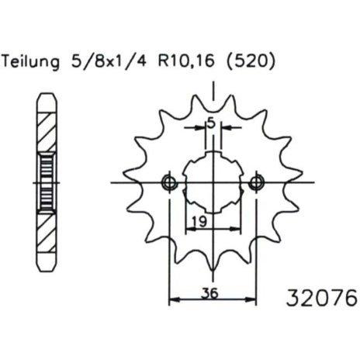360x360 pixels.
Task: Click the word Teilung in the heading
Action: tap(31, 62)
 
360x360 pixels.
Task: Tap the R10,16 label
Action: tap(186, 61)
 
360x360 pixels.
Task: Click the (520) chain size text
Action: tap(250, 62)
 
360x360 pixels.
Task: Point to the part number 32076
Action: tap(322, 298)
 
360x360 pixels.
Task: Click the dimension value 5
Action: tap(211, 124)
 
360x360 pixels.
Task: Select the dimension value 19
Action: tap(199, 221)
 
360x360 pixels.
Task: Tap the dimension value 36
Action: tap(210, 293)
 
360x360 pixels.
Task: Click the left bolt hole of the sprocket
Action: tap(169, 183)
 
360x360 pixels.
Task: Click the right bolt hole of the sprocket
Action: tap(256, 183)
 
